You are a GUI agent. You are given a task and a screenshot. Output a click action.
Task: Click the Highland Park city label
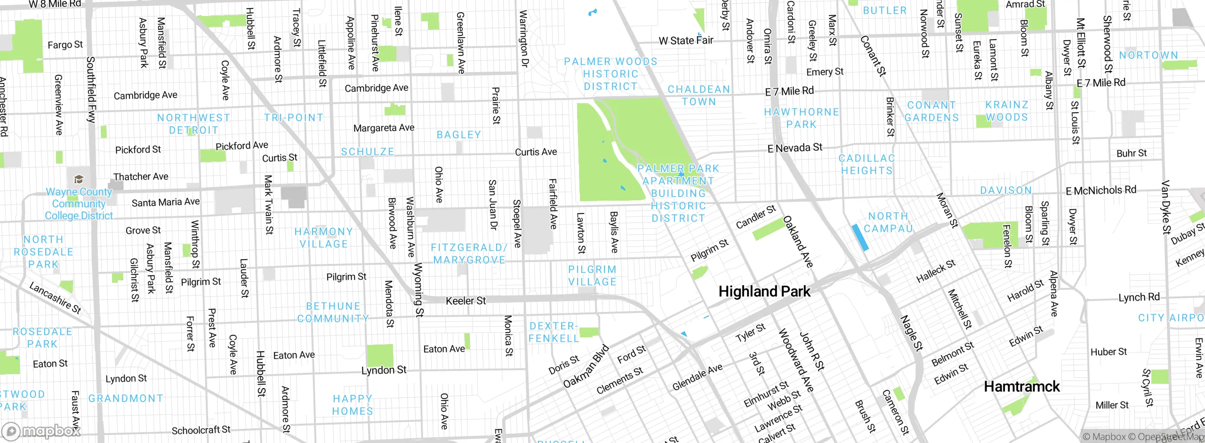tap(764, 292)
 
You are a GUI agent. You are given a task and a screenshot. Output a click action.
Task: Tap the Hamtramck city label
tap(1021, 387)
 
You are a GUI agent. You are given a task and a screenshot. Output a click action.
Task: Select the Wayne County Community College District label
tap(79, 204)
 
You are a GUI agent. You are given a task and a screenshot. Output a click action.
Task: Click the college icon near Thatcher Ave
tap(79, 179)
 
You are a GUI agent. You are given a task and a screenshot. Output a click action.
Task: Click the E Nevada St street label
tap(795, 148)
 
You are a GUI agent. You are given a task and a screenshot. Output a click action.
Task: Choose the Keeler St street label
tap(466, 301)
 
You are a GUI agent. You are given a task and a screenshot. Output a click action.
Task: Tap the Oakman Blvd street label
tap(586, 367)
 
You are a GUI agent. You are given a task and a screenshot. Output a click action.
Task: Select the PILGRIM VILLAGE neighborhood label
tap(592, 276)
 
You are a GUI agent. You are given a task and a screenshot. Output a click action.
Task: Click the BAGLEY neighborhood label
tap(459, 135)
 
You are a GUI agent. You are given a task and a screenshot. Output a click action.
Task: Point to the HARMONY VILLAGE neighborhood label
tap(323, 238)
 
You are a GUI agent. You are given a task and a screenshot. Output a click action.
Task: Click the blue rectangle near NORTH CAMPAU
tap(860, 238)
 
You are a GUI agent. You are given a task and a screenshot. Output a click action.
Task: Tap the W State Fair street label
tap(686, 41)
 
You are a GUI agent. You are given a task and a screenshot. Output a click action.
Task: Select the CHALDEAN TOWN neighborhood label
tap(699, 95)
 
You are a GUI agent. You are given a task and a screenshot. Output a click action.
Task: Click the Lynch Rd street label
tap(1139, 297)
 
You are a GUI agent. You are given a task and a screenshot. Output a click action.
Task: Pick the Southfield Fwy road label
tap(91, 90)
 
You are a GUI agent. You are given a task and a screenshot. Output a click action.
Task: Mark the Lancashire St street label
tap(55, 298)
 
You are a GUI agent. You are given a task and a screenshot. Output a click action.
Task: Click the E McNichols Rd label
tap(1101, 190)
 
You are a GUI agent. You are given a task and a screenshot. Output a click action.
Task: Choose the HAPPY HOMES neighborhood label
tap(353, 405)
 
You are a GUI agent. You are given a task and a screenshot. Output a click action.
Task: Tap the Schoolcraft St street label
tap(201, 430)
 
